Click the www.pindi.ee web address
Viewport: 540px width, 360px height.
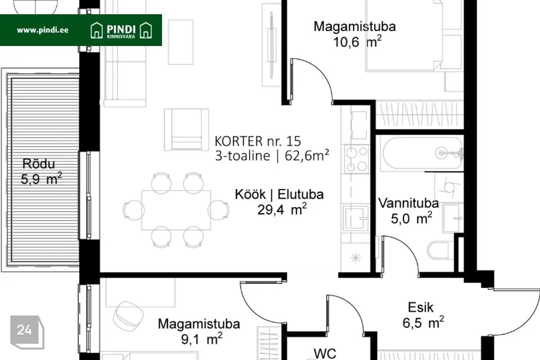[42, 30]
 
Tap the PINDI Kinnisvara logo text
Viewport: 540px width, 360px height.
[121, 31]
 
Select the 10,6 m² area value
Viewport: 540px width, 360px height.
[357, 42]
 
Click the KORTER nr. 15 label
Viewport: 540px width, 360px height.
[258, 141]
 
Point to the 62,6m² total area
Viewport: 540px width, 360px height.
[307, 156]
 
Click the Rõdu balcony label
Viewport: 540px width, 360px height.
[39, 164]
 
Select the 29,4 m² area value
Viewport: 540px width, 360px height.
[282, 209]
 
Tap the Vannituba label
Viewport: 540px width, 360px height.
[408, 203]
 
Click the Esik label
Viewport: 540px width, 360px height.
[421, 307]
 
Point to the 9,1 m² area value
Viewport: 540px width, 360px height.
[201, 339]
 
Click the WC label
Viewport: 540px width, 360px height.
[325, 353]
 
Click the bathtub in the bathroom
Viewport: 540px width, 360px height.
[421, 153]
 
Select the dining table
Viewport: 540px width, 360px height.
[176, 210]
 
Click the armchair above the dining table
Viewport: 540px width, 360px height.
[186, 129]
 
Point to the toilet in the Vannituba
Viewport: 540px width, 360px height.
[440, 250]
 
